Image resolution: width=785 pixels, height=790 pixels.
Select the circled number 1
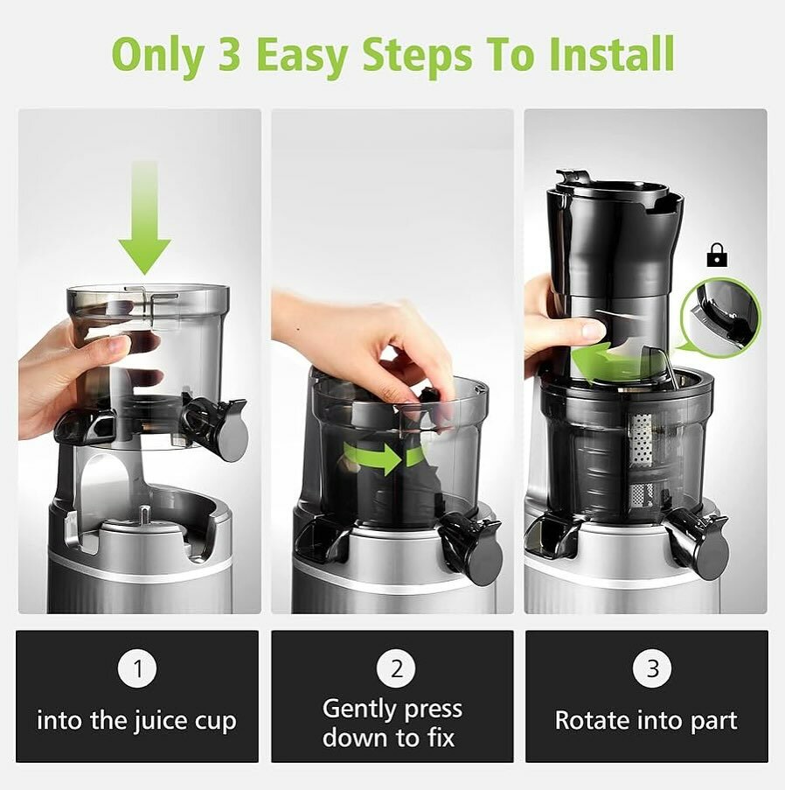click(x=137, y=670)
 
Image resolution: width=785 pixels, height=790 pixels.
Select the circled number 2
click(x=396, y=670)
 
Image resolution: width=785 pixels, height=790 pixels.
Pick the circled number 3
click(x=651, y=670)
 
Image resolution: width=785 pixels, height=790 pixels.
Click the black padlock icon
click(x=717, y=256)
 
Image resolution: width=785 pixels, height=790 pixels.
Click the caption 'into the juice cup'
click(x=137, y=721)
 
